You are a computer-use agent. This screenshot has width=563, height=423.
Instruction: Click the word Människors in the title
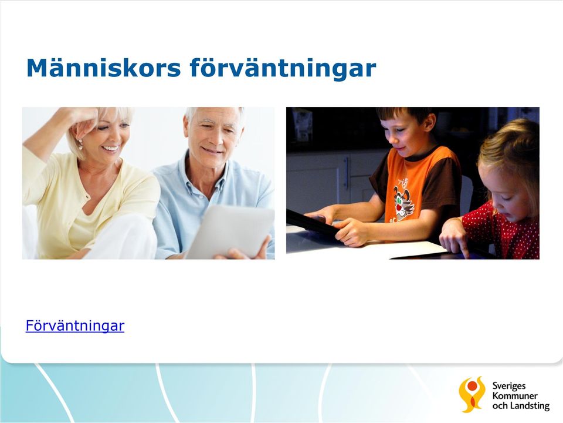103,68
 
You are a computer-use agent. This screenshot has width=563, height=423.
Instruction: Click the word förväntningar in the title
283,69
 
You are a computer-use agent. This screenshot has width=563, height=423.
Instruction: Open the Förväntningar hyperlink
75,326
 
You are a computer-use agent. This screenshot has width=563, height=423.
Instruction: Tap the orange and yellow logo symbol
472,394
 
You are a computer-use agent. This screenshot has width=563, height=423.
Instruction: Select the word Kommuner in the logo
515,396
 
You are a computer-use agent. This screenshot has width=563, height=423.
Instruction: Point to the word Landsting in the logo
530,406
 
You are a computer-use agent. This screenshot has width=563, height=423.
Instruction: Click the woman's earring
80,144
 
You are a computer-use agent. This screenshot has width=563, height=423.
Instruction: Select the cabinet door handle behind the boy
347,173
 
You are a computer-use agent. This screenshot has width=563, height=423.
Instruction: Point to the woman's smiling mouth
110,148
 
